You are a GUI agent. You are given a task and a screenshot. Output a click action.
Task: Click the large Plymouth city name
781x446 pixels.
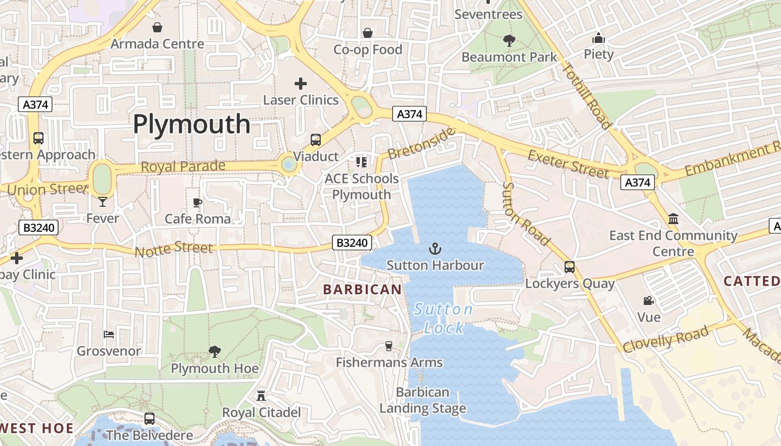click(x=191, y=124)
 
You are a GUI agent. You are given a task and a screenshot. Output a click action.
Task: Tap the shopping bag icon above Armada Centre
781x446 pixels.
click(x=157, y=27)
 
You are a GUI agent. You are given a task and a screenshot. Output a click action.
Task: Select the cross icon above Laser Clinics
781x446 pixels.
click(x=301, y=84)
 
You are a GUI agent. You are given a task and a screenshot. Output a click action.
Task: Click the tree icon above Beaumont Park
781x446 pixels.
click(x=509, y=40)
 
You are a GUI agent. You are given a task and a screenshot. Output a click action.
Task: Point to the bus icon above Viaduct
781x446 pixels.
click(x=316, y=140)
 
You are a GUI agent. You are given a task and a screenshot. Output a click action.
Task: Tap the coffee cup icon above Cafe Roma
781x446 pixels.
click(x=197, y=202)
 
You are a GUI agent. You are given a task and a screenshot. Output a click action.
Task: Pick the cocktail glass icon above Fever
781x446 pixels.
click(x=103, y=201)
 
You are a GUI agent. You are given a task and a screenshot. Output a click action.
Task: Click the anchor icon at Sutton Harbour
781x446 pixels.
click(x=435, y=249)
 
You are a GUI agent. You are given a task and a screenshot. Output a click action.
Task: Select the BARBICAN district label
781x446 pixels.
click(x=362, y=289)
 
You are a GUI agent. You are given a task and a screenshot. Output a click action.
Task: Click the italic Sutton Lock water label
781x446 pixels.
click(x=443, y=318)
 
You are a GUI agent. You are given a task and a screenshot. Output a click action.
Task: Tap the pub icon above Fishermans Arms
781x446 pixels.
click(x=389, y=346)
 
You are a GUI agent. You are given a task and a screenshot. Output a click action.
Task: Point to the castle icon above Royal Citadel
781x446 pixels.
click(x=261, y=396)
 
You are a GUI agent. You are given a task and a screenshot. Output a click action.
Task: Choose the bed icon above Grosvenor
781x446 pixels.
click(x=109, y=334)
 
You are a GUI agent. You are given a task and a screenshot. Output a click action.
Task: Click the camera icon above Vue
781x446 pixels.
click(x=648, y=301)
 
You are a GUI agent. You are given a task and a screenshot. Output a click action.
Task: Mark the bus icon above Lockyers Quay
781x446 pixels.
click(x=569, y=267)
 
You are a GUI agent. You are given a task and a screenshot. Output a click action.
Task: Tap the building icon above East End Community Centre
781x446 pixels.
click(x=673, y=219)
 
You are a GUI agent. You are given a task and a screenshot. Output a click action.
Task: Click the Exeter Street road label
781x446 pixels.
click(x=568, y=164)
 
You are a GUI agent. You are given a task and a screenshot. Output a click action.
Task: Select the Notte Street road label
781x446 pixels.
click(x=173, y=249)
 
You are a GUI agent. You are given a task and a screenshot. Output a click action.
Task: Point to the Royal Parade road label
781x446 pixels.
click(x=183, y=166)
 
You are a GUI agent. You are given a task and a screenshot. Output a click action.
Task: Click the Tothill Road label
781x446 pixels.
click(x=587, y=96)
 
